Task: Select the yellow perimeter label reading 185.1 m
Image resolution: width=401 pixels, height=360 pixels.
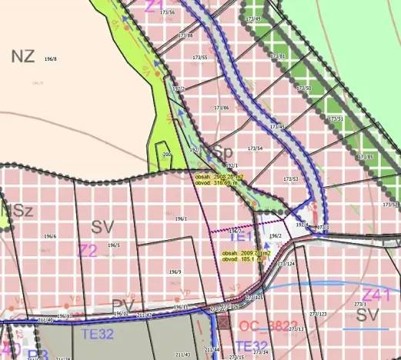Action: pyautogui.click(x=242, y=259)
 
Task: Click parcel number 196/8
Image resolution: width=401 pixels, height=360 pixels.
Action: pyautogui.click(x=51, y=58)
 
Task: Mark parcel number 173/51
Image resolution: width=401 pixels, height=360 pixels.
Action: pyautogui.click(x=335, y=119)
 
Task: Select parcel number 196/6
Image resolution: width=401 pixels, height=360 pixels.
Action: pyautogui.click(x=50, y=236)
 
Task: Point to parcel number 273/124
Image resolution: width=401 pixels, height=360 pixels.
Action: pyautogui.click(x=286, y=264)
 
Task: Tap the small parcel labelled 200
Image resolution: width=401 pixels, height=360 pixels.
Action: pyautogui.click(x=167, y=154)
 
